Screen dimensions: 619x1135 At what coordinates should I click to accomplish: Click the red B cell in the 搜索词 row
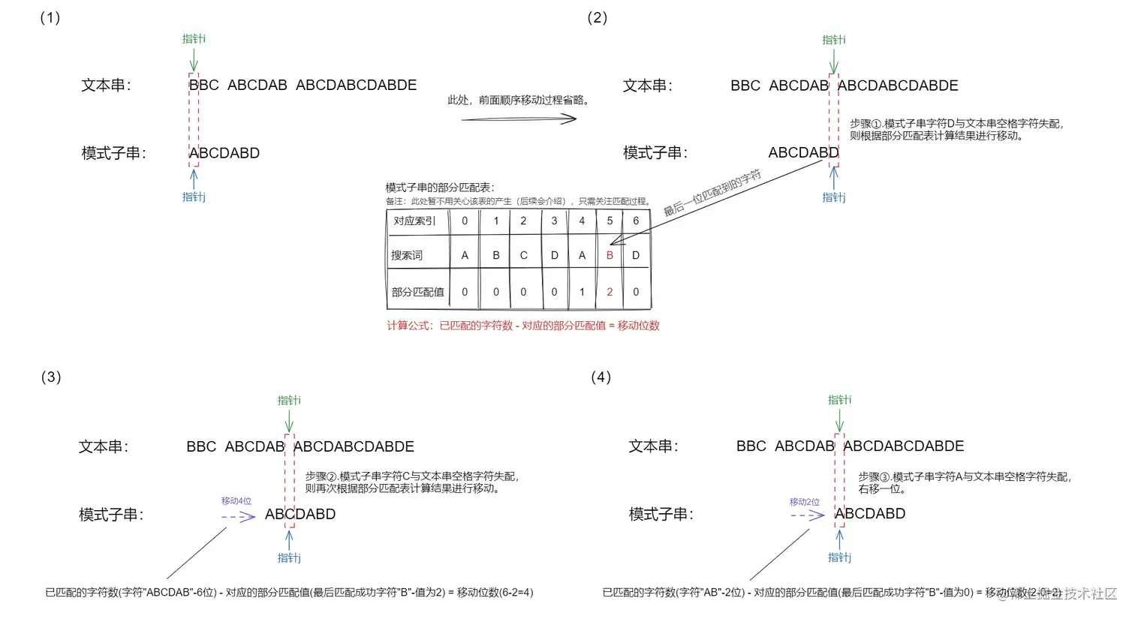click(x=610, y=255)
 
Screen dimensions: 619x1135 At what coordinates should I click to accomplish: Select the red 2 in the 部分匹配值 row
click(x=610, y=292)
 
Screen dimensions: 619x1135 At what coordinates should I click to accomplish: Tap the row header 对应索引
click(x=414, y=221)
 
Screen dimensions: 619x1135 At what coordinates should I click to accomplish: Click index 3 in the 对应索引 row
click(x=554, y=221)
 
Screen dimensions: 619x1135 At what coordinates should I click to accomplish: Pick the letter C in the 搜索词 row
click(x=523, y=255)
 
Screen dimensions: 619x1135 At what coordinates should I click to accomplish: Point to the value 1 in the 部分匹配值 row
click(x=582, y=292)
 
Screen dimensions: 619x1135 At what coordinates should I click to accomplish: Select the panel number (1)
click(x=50, y=17)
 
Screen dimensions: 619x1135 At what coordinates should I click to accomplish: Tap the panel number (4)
click(x=601, y=377)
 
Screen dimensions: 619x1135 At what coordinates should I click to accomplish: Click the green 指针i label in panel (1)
click(x=194, y=38)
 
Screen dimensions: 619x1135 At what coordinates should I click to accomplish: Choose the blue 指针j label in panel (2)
click(x=833, y=197)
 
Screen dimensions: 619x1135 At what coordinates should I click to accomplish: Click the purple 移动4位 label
click(x=236, y=500)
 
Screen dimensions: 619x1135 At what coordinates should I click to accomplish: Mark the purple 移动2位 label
click(x=804, y=501)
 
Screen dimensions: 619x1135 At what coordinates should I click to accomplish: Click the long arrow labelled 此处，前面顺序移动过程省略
click(x=519, y=119)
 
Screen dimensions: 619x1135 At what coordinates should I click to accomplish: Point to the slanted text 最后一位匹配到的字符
click(x=712, y=193)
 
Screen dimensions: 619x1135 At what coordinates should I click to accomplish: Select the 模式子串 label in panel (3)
click(x=111, y=515)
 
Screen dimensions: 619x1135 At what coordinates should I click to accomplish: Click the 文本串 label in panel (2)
click(x=648, y=86)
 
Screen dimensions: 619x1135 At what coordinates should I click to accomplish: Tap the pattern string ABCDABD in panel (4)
click(x=870, y=514)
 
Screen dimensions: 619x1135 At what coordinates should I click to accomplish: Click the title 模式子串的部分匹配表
click(x=440, y=188)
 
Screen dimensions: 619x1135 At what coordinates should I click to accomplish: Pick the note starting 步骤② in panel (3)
click(x=411, y=482)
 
